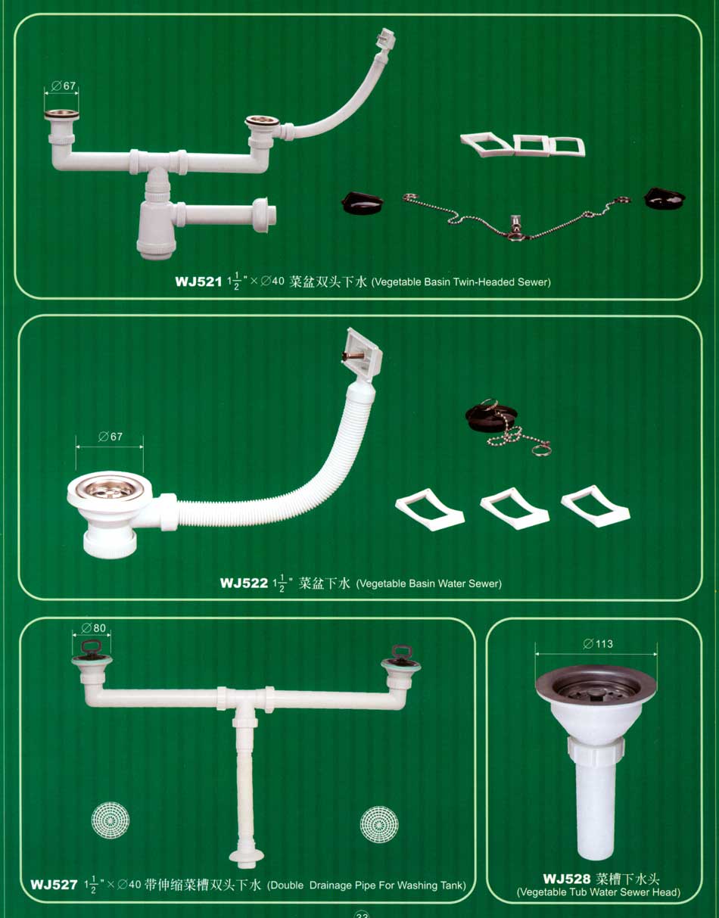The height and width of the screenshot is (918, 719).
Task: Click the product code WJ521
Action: pos(198,282)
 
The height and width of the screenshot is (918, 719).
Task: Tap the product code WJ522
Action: pos(244,583)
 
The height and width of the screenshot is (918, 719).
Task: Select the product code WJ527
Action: pos(54,885)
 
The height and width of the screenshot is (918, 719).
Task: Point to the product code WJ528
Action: pos(567,879)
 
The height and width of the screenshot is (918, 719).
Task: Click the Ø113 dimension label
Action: pos(598,644)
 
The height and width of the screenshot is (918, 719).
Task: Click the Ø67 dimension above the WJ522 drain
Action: pos(110,437)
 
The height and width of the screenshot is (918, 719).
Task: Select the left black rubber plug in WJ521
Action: pos(362,202)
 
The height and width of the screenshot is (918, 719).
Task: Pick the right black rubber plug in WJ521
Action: pos(665,198)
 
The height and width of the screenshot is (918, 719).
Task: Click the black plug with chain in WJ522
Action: pos(488,418)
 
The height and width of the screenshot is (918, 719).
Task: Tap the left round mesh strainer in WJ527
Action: pos(110,820)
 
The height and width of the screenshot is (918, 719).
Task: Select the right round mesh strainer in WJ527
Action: pos(379,824)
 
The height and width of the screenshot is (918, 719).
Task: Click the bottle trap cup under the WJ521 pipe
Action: pos(155,229)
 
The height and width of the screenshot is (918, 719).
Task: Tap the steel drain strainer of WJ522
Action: pos(110,489)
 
